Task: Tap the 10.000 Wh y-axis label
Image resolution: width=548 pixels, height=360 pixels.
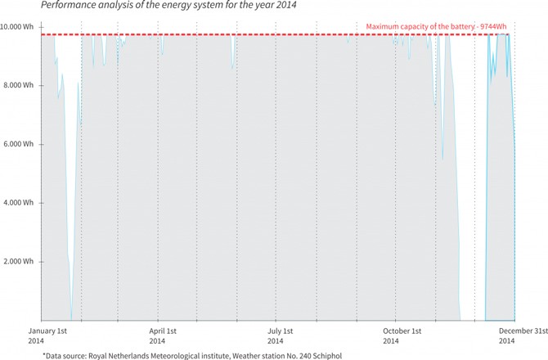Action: pos(17,27)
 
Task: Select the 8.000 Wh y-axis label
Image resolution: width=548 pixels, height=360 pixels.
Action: pos(19,85)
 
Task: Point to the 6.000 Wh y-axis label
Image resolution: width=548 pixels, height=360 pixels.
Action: pos(19,144)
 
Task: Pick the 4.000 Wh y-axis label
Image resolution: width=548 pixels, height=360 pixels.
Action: pos(19,202)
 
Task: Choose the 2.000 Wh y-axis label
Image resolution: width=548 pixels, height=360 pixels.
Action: pos(19,261)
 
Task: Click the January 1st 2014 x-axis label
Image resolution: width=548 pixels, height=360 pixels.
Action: pos(48,335)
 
